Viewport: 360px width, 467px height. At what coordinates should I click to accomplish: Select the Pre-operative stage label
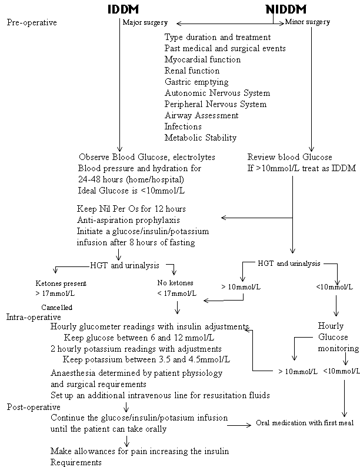pos(32,23)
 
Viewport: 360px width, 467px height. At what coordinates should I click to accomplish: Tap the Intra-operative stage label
pos(34,316)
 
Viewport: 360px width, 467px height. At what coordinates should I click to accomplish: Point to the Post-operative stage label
pos(34,406)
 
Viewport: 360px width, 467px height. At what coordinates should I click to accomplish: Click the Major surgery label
pos(145,23)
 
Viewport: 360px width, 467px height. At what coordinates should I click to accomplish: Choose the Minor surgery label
pos(307,22)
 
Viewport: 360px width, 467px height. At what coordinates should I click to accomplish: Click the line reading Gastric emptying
pos(196,82)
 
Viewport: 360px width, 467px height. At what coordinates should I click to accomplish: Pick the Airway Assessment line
pos(201,115)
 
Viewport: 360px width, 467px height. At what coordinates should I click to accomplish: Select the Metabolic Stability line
pos(201,138)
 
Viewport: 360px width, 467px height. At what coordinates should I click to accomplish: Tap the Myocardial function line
pos(202,59)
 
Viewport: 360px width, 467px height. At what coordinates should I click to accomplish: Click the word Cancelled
pos(56,307)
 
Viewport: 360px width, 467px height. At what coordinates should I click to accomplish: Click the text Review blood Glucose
pos(289,157)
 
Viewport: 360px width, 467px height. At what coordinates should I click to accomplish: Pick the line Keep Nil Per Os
pos(131,208)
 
